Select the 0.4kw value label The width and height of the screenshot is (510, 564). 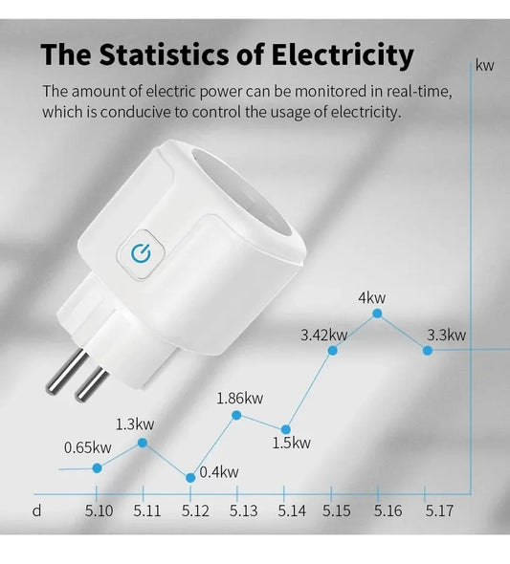tap(219, 471)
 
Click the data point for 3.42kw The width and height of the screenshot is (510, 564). tap(332, 351)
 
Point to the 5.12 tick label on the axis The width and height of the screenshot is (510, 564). tap(195, 511)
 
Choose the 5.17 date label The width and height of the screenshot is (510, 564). tap(438, 511)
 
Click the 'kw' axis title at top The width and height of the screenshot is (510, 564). tap(484, 66)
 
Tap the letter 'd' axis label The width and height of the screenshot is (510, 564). tap(36, 510)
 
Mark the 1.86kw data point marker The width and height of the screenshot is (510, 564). tap(237, 415)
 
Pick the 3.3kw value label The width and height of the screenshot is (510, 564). tap(446, 335)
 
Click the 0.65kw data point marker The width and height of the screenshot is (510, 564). tap(97, 467)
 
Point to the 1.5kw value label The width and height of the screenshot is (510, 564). tap(291, 443)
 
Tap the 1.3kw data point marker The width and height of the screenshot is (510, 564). tap(143, 442)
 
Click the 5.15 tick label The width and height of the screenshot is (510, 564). tap(337, 511)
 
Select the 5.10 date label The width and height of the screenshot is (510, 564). tap(99, 511)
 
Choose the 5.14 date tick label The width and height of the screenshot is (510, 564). tap(292, 511)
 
